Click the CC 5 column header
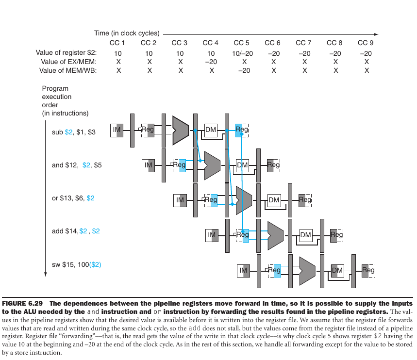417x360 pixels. pos(241,43)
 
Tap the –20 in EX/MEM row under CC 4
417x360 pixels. pos(211,62)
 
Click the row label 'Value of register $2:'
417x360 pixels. pos(67,53)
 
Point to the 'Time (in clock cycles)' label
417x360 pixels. pos(127,33)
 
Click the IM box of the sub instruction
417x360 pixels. pos(117,130)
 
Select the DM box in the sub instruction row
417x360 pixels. pos(211,130)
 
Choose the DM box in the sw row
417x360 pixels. pos(337,270)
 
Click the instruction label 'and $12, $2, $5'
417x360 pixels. pos(77,165)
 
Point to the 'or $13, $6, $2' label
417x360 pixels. pos(73,198)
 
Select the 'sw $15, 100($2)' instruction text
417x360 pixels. pos(77,264)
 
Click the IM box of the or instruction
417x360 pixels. pos(180,199)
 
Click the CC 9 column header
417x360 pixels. pos(366,43)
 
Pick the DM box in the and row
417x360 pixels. pos(242,165)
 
